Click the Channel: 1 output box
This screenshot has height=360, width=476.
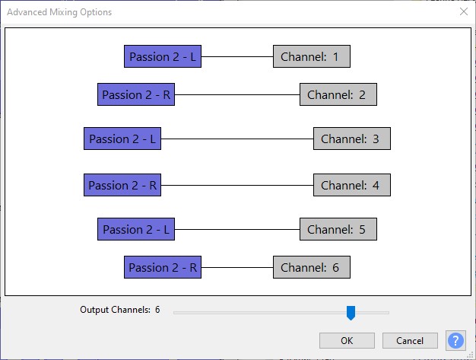pos(312,56)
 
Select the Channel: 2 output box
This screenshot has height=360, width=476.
pos(338,94)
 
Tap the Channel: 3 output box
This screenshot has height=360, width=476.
pos(352,139)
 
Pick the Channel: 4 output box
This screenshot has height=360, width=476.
pos(352,185)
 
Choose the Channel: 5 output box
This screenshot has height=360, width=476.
pos(338,229)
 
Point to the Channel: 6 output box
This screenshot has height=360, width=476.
pos(312,267)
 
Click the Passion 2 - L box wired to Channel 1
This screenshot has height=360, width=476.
pos(163,56)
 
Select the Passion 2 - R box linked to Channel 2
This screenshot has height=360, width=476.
pos(136,94)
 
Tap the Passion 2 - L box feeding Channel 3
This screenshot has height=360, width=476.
pos(122,139)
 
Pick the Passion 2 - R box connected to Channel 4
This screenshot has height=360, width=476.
pos(122,185)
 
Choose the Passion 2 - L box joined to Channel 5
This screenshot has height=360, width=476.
pos(136,229)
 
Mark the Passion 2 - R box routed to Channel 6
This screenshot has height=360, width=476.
pos(163,267)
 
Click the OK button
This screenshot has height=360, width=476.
pos(347,340)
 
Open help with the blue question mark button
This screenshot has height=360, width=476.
pos(455,340)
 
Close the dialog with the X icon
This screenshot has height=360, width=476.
pos(464,11)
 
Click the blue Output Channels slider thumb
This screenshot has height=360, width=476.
pos(351,313)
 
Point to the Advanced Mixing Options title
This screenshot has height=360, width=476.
pos(59,12)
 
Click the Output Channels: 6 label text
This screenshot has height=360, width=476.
pos(120,310)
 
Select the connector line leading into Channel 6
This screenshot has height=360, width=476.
pos(237,267)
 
